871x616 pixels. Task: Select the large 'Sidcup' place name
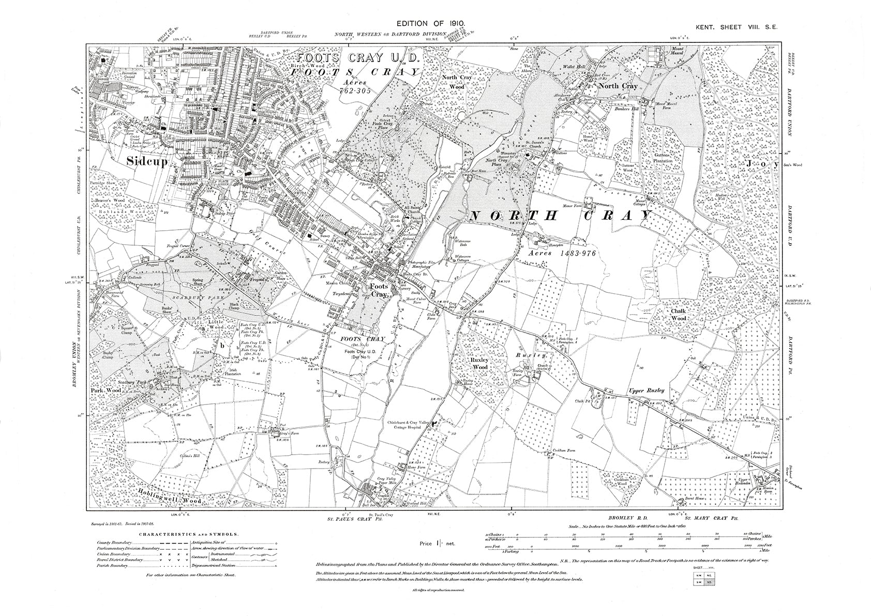tap(147, 161)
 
